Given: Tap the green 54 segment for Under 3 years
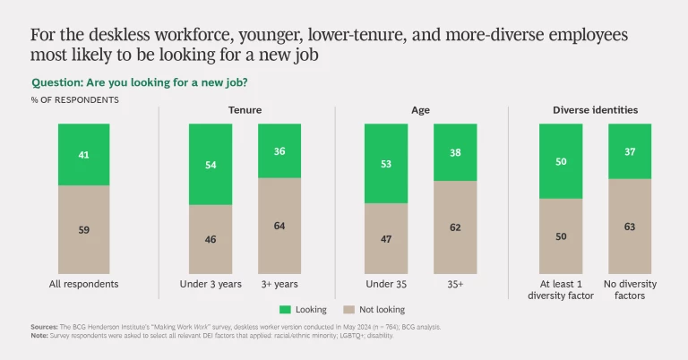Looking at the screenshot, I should coord(211,164).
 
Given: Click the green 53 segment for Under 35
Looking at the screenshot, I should coord(386,163).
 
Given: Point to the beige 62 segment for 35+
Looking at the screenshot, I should coord(455,227).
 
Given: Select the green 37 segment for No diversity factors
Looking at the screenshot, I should coord(630,150).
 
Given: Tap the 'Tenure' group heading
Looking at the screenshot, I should coord(245,111).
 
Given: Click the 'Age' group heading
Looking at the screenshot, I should coord(420,111).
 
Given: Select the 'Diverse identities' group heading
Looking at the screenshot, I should coord(595,111).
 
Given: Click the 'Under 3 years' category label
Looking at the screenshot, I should coord(211,284).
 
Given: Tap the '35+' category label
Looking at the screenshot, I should coord(455,284).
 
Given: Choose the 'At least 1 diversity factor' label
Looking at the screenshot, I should coord(561,289).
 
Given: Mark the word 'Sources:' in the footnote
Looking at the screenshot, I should coord(47,328).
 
